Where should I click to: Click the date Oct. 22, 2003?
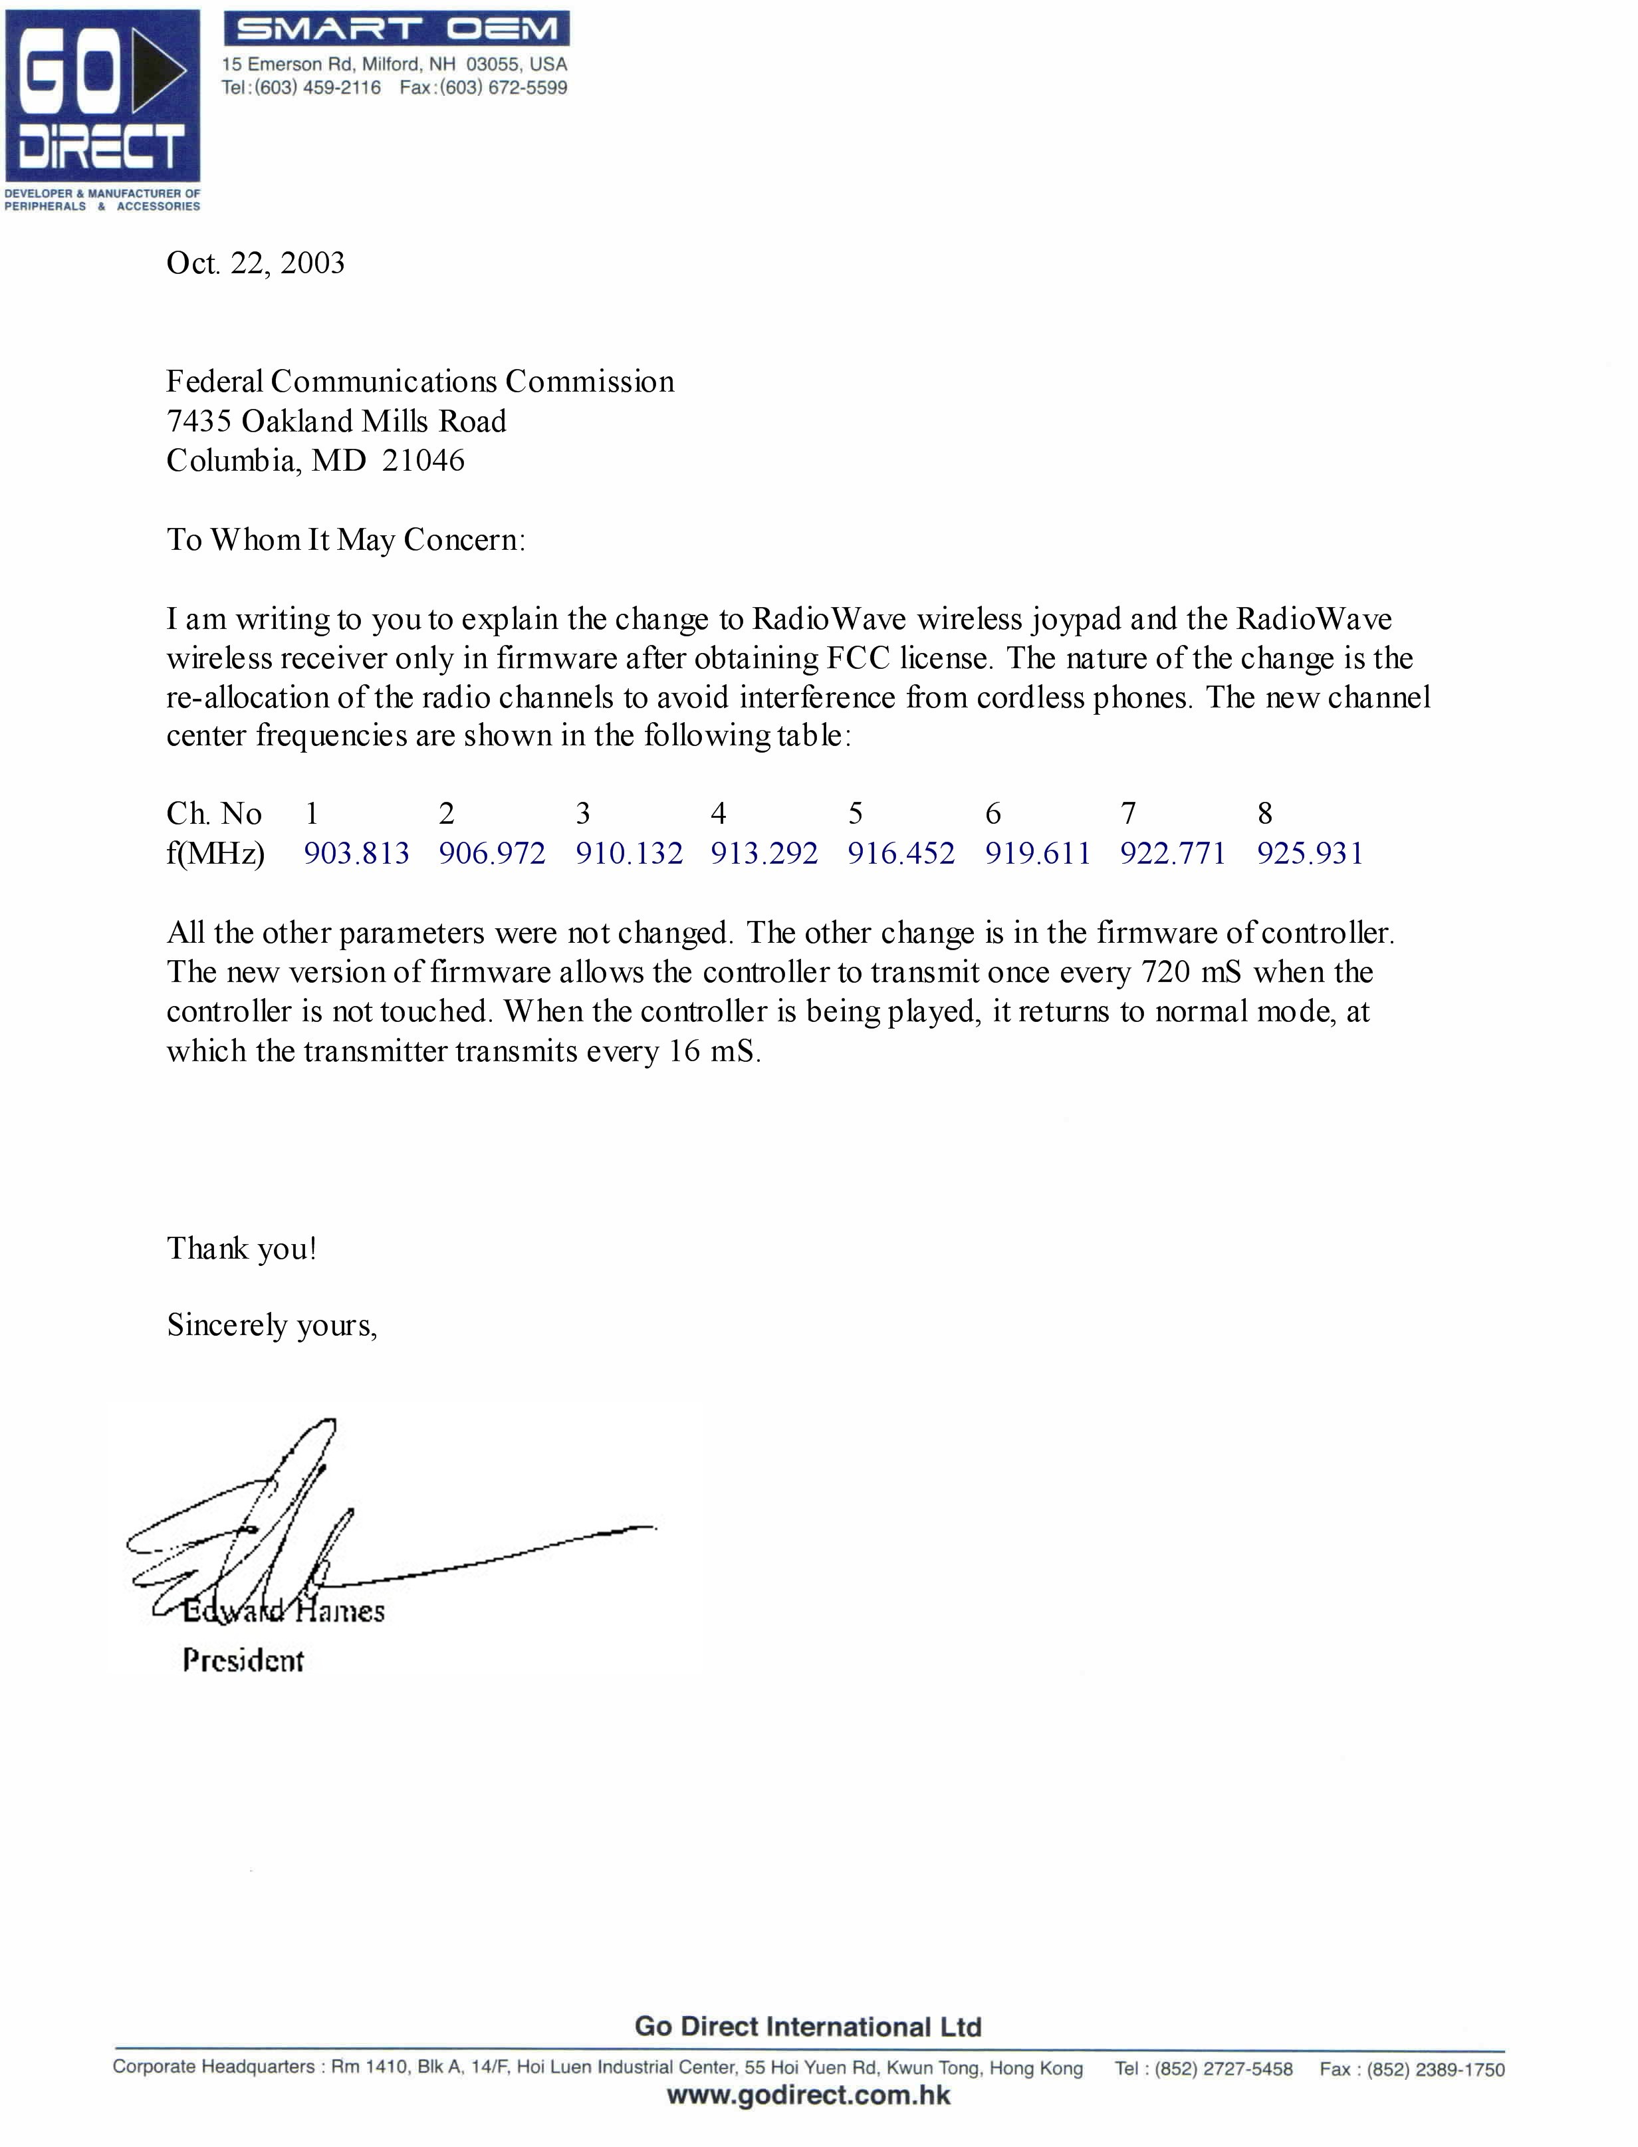[255, 263]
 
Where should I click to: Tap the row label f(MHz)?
[215, 854]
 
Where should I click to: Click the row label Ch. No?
[213, 813]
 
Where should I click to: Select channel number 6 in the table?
[993, 813]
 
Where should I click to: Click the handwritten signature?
[322, 1531]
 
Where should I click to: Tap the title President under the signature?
[243, 1660]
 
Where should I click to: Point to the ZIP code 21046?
[423, 460]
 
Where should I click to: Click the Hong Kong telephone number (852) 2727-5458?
[1224, 2069]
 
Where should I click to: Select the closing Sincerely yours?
[271, 1325]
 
